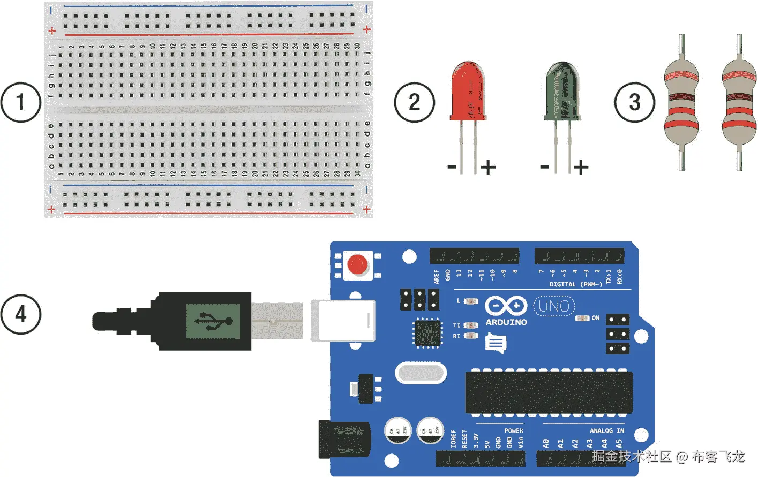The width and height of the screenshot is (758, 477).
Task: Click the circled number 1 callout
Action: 20,102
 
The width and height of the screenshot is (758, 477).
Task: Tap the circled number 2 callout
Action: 414,102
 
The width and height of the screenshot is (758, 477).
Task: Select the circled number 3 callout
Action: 634,102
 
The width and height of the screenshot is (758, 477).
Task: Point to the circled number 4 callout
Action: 20,314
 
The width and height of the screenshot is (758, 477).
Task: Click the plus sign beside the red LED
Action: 487,168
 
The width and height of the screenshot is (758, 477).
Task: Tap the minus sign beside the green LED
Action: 545,166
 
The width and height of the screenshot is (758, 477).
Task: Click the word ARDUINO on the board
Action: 506,322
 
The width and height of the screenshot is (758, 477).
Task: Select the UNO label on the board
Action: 554,306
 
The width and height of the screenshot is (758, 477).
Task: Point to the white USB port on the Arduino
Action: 343,320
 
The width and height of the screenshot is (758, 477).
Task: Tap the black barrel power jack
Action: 344,440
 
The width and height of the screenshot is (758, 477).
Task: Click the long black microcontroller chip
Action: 549,392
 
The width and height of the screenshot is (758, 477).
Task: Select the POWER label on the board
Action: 513,430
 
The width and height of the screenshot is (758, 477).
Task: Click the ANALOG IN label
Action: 606,430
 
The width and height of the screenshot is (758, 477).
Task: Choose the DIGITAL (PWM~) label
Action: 575,284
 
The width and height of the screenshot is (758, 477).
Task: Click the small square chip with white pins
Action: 427,332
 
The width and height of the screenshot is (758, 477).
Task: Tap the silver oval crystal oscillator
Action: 421,373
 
